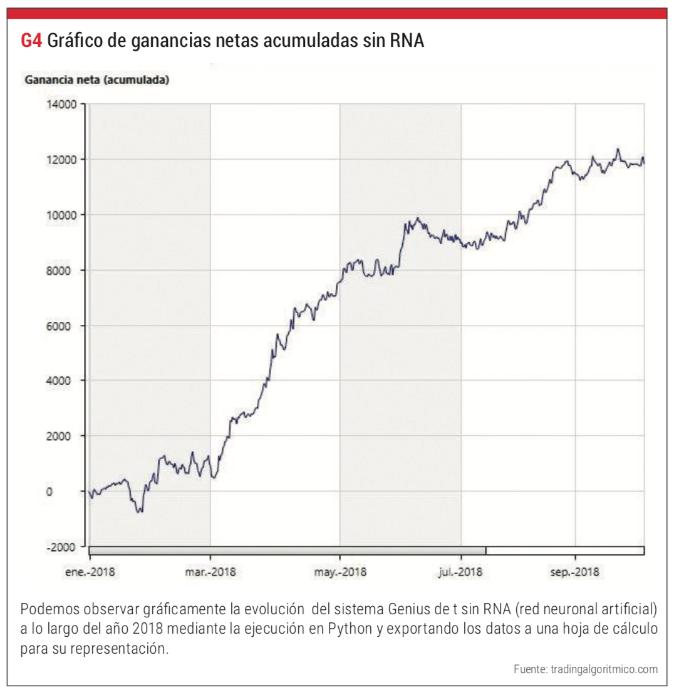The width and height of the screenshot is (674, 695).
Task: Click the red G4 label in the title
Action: tap(31, 41)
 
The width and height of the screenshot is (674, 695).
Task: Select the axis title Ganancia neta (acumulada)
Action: tap(96, 80)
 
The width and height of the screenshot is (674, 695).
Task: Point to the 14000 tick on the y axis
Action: tap(61, 105)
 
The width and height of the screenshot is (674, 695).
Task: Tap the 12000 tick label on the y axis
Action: tap(61, 160)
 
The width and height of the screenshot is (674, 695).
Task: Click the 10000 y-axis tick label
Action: tap(61, 215)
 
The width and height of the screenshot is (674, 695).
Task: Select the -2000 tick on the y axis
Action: tap(61, 547)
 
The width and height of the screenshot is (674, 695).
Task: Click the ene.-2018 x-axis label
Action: tap(90, 572)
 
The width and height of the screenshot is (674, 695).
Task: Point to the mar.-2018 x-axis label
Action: tap(210, 572)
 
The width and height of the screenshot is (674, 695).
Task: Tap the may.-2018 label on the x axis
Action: tap(340, 572)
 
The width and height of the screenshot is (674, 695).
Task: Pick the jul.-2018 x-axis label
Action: tap(461, 572)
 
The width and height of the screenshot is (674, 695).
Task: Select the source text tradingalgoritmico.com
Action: tap(604, 669)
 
